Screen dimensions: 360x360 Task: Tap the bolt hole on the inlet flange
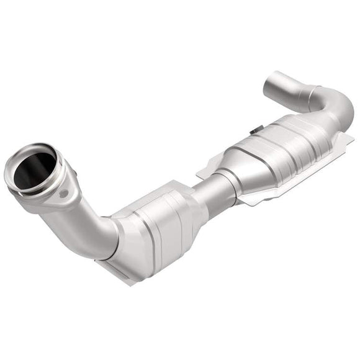pos(62,194)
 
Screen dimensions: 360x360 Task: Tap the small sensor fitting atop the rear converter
pos(254,131)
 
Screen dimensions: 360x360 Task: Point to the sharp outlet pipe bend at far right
pos(338,109)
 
